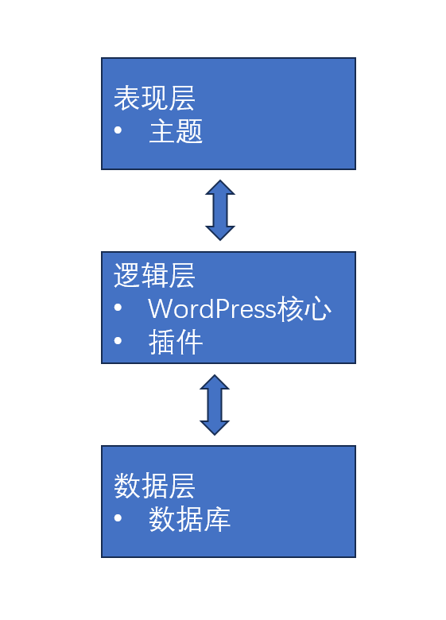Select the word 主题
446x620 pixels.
(176, 132)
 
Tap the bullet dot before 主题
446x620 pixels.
(118, 130)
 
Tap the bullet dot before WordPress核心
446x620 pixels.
(118, 308)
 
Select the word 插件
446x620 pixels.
(176, 343)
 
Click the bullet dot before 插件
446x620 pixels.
(118, 342)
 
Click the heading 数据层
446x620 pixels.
(154, 486)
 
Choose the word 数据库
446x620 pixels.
(189, 520)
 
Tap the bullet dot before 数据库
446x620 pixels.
(118, 518)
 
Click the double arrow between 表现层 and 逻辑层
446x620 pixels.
(220, 210)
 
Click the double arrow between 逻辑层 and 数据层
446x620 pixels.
(215, 405)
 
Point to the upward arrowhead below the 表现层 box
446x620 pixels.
(220, 188)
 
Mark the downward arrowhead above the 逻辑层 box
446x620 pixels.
(220, 232)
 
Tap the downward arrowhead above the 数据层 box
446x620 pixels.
(215, 427)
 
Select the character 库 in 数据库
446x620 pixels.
(217, 520)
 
